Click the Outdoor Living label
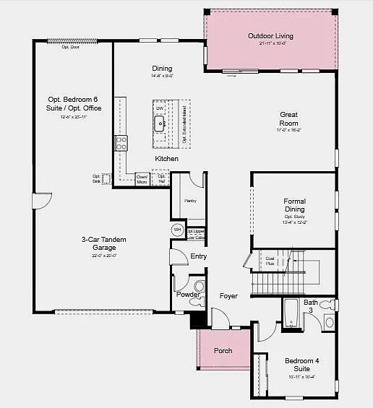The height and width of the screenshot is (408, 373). click(270, 36)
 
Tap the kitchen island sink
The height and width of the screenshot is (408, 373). click(160, 123)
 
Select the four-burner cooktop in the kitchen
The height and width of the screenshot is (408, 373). click(121, 142)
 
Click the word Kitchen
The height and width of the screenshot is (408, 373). click(166, 158)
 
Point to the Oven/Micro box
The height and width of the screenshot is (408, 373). click(142, 178)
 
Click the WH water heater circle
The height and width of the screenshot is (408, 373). click(177, 230)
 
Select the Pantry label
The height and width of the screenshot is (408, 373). click(190, 201)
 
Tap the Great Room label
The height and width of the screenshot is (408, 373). click(289, 118)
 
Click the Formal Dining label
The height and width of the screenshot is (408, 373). click(294, 205)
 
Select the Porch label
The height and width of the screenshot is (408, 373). click(223, 351)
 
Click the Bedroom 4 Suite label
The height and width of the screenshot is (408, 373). click(296, 364)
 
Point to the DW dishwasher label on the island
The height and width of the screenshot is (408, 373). click(160, 108)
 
